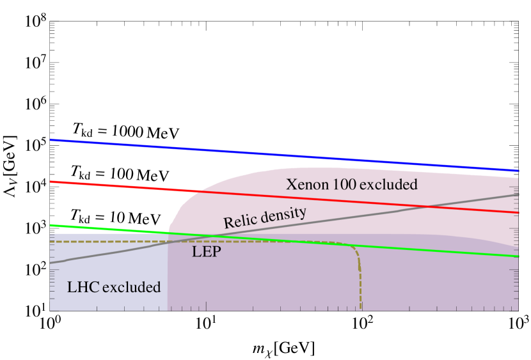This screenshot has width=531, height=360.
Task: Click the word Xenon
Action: (306, 185)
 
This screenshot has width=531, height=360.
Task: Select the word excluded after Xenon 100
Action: (388, 185)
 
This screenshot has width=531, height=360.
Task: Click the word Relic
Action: (239, 221)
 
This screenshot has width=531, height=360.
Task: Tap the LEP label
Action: (206, 252)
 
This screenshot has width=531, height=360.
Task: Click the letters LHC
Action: (83, 287)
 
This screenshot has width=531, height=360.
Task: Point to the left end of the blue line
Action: (51, 139)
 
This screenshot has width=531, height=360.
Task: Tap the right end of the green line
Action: (518, 256)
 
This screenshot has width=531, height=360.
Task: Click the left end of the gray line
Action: (51, 262)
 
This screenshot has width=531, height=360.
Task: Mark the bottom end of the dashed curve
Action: (361, 309)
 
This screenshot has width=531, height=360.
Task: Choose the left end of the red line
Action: (51, 182)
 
